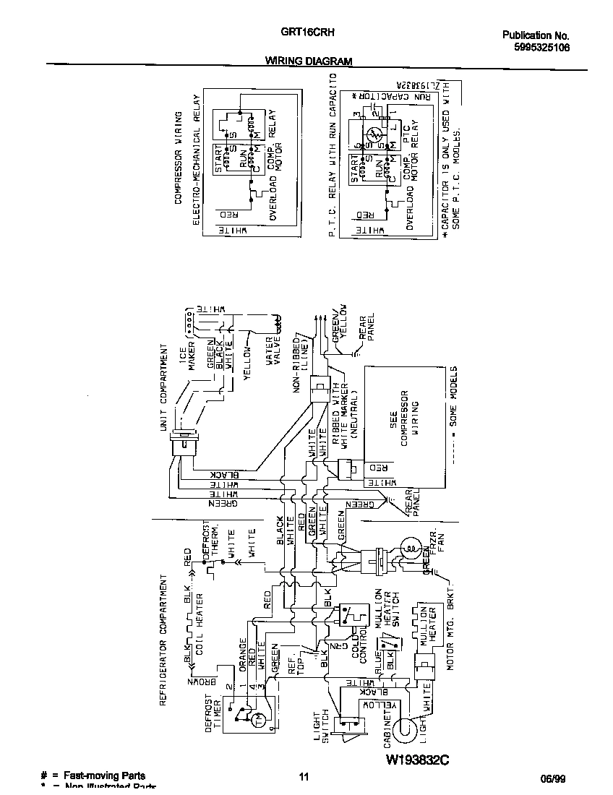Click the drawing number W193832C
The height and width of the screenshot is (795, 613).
[x=417, y=760]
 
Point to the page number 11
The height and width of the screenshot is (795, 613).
[x=304, y=777]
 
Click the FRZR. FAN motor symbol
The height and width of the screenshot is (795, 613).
[x=410, y=547]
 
